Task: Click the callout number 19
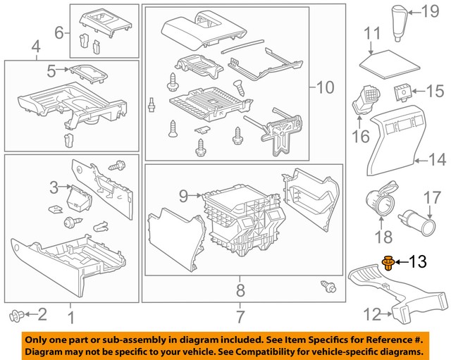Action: [x=428, y=10]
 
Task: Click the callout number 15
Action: [x=435, y=92]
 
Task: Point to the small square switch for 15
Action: [x=403, y=91]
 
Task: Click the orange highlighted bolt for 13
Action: [x=388, y=263]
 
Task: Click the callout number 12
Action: [x=371, y=314]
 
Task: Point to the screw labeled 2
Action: [x=16, y=314]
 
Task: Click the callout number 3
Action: [x=54, y=187]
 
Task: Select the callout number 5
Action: [x=51, y=70]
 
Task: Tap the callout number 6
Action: [x=59, y=32]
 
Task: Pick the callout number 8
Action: [x=240, y=290]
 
